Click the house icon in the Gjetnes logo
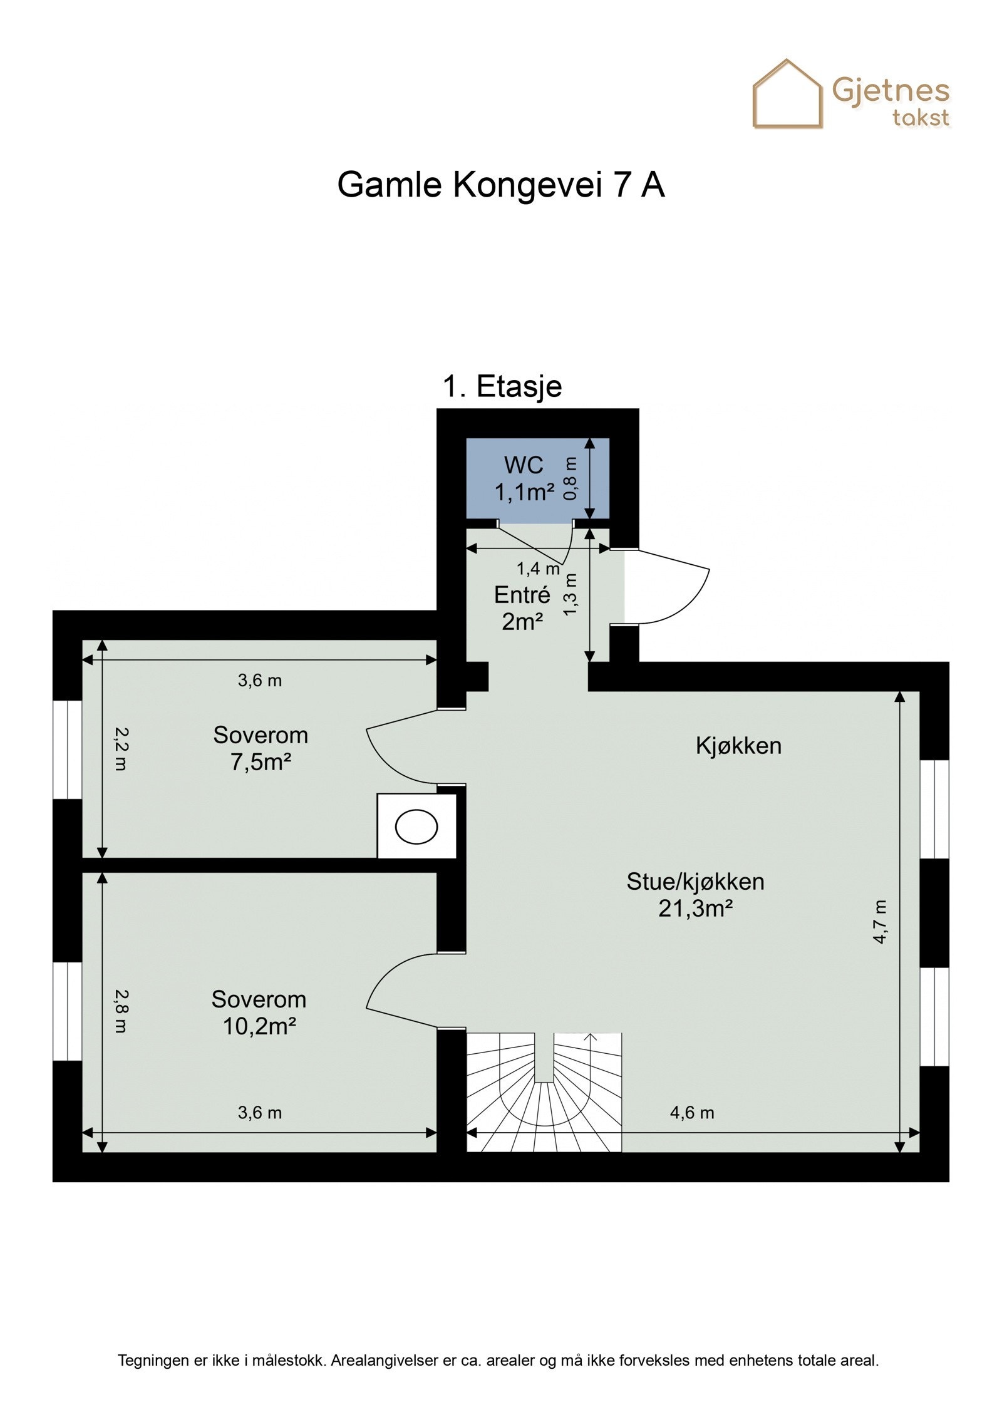[x=787, y=94]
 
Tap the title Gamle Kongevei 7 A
[x=501, y=185]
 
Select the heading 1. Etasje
[x=502, y=386]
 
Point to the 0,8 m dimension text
[x=570, y=478]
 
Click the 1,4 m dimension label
[x=538, y=569]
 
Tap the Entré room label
[x=522, y=594]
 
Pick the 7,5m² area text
[x=261, y=762]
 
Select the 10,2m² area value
[x=259, y=1026]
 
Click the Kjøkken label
[x=738, y=746]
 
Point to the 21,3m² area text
[x=695, y=908]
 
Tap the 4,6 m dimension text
[x=692, y=1112]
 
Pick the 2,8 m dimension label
[x=120, y=1011]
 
